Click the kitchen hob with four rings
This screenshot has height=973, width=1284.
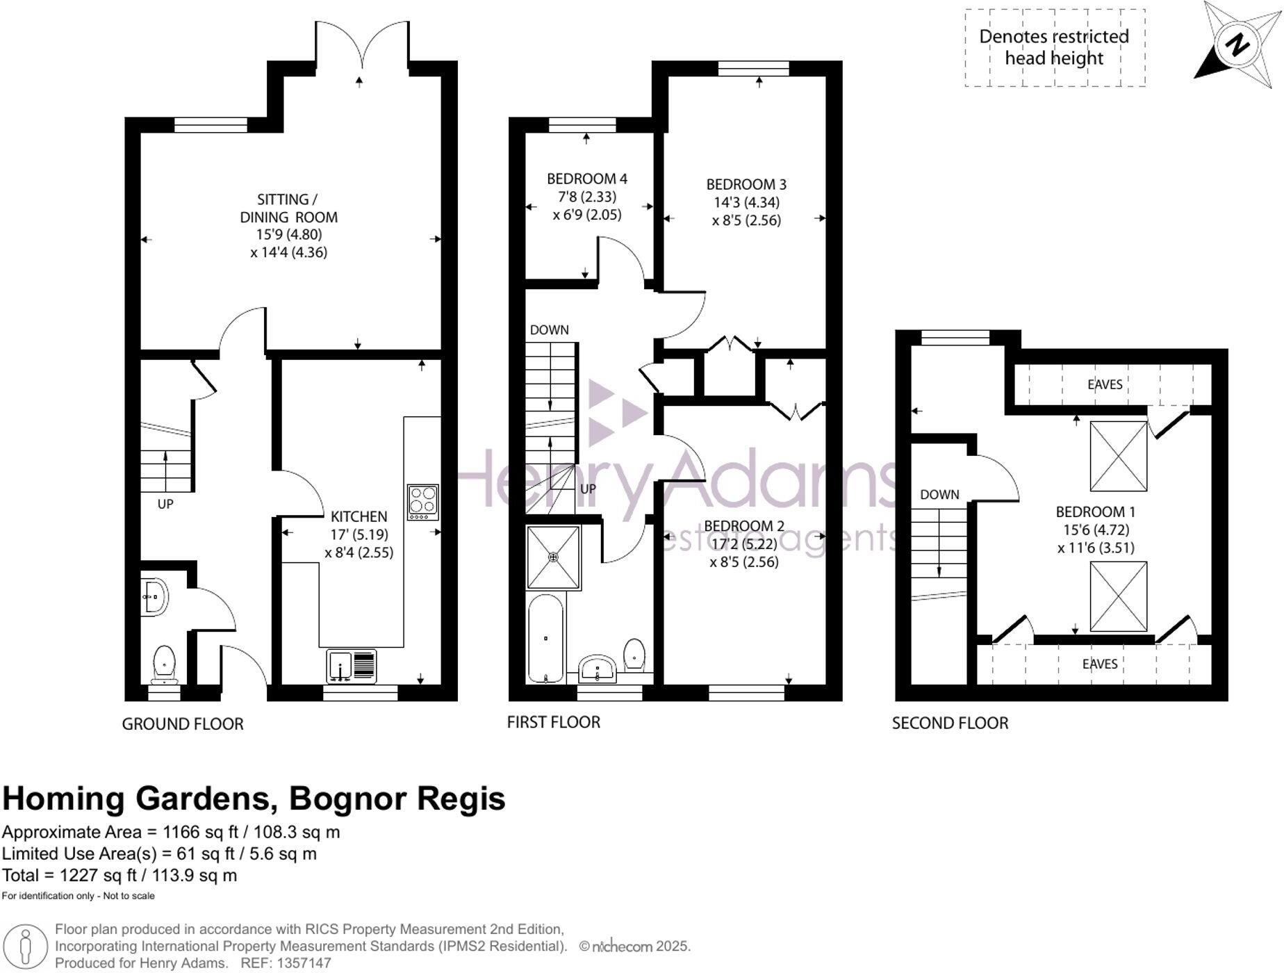(x=422, y=502)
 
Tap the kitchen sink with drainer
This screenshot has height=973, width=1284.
(x=351, y=666)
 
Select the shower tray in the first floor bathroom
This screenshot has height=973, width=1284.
(x=553, y=557)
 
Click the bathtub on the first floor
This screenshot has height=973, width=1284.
(x=546, y=638)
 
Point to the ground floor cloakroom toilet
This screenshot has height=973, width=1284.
(x=164, y=664)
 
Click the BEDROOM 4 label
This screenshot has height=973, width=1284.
(x=586, y=179)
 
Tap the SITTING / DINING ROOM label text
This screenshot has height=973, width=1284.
(x=288, y=208)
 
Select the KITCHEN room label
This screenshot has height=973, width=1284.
(x=359, y=516)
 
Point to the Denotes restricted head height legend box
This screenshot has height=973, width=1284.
(x=1054, y=47)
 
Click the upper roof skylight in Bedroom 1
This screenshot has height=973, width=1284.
(x=1118, y=456)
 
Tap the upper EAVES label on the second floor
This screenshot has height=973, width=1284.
(x=1105, y=384)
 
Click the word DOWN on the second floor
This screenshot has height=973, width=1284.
(x=939, y=494)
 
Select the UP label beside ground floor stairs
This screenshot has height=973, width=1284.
(x=165, y=503)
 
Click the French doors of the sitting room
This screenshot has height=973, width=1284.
(x=361, y=45)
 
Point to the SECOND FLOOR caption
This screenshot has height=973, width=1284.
(x=949, y=723)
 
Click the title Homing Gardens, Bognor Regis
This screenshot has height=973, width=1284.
(x=254, y=799)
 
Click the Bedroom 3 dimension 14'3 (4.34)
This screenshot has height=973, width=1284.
(x=746, y=202)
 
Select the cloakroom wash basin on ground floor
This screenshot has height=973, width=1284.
(x=154, y=596)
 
